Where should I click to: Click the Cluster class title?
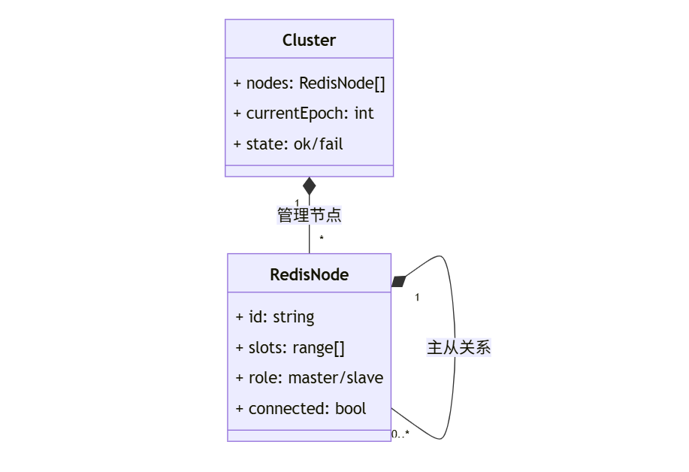click(x=309, y=41)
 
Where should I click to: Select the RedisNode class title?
click(x=309, y=275)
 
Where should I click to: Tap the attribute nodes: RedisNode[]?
click(x=309, y=83)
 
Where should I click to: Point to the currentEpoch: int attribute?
click(x=304, y=113)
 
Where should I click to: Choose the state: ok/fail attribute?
click(x=289, y=144)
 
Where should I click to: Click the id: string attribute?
click(x=275, y=317)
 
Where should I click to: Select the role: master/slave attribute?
click(x=310, y=378)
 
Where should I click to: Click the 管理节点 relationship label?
click(x=309, y=216)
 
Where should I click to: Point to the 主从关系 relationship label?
click(x=458, y=348)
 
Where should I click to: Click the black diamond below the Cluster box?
click(x=309, y=186)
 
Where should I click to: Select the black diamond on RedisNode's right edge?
click(x=399, y=281)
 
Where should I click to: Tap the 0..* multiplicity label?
click(x=400, y=434)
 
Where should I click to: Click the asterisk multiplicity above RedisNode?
click(x=322, y=239)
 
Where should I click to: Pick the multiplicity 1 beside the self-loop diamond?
click(x=417, y=298)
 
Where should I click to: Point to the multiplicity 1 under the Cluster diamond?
click(x=297, y=203)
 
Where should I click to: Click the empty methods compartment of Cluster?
click(x=309, y=171)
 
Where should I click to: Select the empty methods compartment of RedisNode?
click(x=309, y=436)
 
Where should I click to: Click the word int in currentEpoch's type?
click(x=364, y=113)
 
